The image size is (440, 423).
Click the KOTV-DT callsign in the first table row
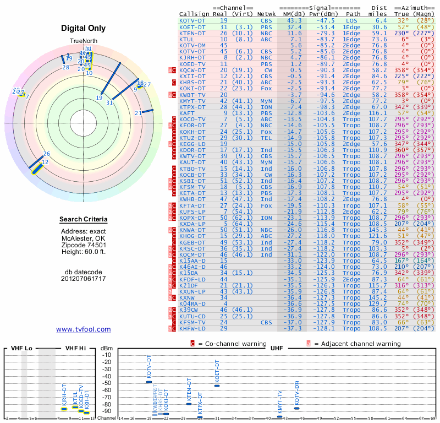[193, 20]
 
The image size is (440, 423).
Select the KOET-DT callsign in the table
[193, 27]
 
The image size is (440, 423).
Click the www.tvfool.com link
[84, 329]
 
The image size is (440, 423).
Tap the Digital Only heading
[84, 29]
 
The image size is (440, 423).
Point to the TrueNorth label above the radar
[84, 41]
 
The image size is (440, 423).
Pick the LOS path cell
[352, 20]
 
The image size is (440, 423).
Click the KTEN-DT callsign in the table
[193, 34]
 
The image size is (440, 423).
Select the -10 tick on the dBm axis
[106, 355]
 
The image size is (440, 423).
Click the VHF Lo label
[22, 349]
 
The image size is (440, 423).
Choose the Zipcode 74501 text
[84, 245]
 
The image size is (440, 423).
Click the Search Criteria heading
[84, 220]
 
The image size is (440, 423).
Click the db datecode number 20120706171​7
[84, 279]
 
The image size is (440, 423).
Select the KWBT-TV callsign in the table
[193, 95]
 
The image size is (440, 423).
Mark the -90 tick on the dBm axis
[106, 411]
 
